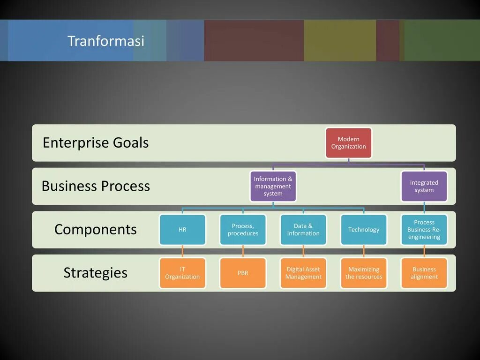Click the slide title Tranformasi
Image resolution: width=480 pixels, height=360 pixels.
(x=106, y=41)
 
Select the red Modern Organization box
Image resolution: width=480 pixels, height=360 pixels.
(x=349, y=143)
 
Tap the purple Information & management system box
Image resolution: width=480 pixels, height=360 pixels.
(x=273, y=186)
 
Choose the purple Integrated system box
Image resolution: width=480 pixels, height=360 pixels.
(x=424, y=186)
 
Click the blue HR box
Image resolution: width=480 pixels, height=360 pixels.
(x=182, y=230)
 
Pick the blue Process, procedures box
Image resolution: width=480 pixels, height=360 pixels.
(x=243, y=230)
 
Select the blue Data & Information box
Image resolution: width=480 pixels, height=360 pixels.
(x=303, y=230)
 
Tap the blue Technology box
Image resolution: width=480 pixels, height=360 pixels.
(x=364, y=230)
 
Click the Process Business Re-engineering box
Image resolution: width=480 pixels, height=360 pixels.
(x=424, y=230)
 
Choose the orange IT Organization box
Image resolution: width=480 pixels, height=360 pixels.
(x=182, y=273)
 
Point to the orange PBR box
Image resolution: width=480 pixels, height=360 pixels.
(x=243, y=273)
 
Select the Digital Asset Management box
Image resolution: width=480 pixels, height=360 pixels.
(x=303, y=273)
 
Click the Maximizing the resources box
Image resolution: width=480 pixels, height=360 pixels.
(x=364, y=273)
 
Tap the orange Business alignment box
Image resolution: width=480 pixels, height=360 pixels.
(x=424, y=273)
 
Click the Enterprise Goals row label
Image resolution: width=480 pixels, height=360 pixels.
(x=96, y=142)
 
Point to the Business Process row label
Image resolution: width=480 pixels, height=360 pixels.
(x=96, y=186)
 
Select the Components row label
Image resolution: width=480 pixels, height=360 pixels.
(x=96, y=229)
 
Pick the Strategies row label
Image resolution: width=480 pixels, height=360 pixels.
(x=96, y=273)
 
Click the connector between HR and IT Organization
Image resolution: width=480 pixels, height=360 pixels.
(x=182, y=252)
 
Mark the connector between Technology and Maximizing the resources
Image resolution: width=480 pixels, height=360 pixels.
(x=364, y=252)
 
